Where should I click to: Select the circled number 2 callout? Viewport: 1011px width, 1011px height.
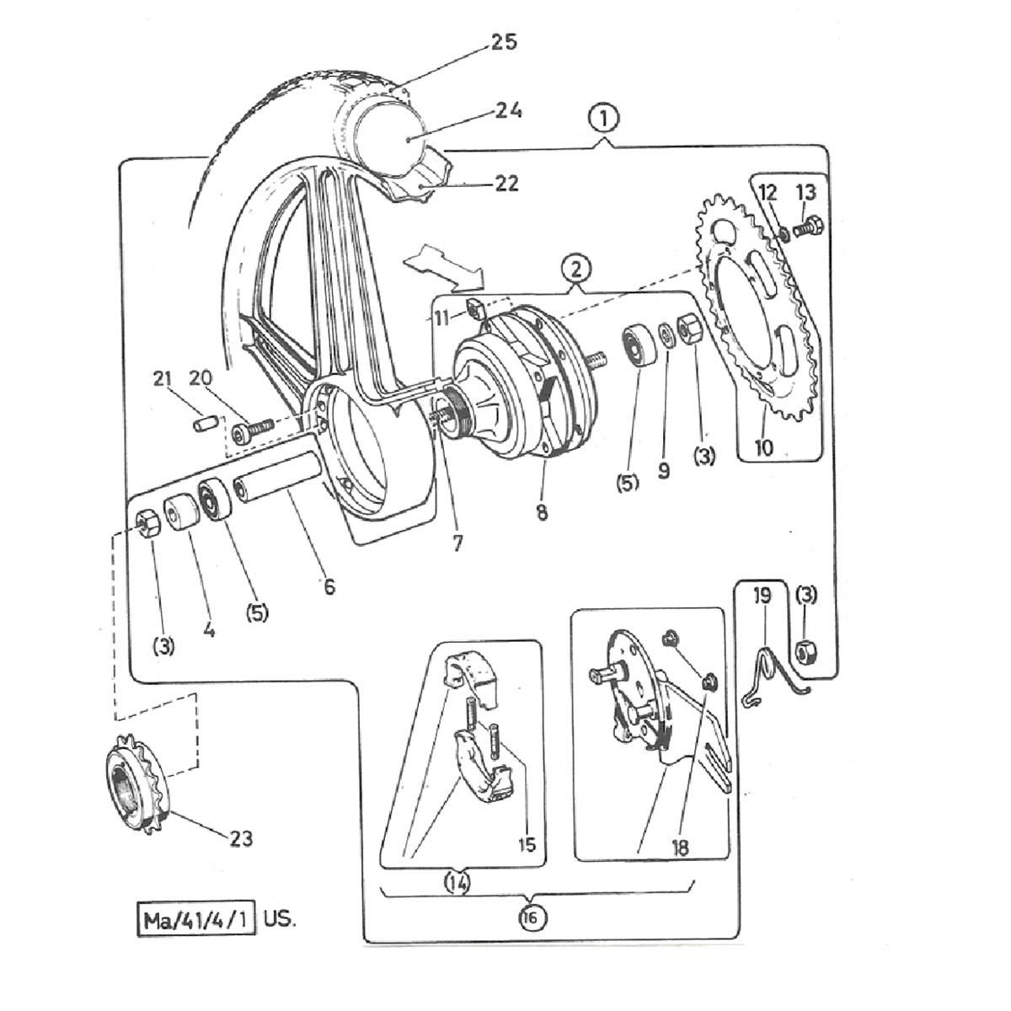[x=576, y=270]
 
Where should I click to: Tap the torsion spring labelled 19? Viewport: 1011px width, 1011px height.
[x=772, y=674]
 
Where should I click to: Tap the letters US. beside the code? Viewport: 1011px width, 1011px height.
[x=279, y=918]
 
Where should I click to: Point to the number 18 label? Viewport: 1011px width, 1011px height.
[x=681, y=848]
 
